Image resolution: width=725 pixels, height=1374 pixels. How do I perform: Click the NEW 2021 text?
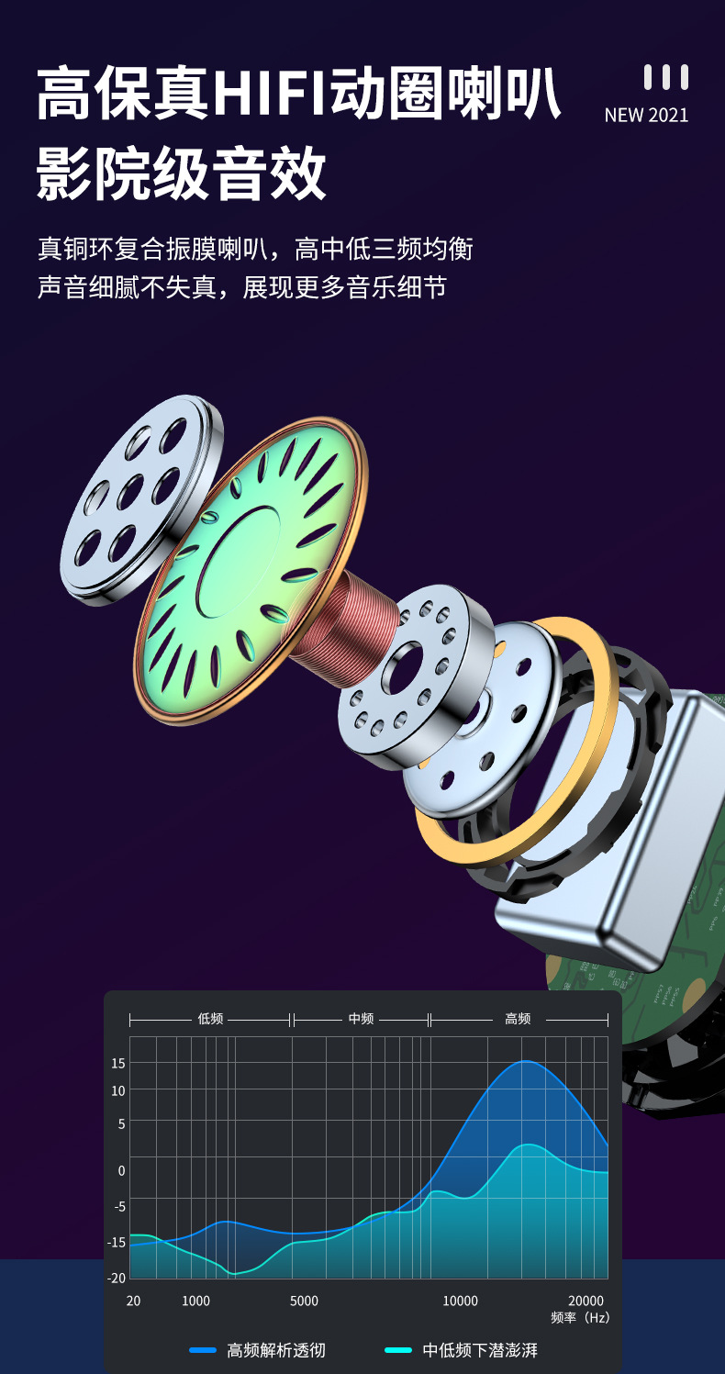pos(646,116)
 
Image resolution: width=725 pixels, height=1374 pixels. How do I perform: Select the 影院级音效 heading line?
pos(181,173)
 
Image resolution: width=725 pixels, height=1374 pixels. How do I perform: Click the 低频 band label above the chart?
pos(210,1019)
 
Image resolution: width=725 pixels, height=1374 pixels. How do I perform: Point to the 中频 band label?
pos(362,1019)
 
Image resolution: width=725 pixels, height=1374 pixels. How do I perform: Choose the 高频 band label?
pos(518,1019)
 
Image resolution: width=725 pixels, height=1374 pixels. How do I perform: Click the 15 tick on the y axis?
pos(117,1063)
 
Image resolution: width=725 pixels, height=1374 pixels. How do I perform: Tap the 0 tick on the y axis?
pos(121,1170)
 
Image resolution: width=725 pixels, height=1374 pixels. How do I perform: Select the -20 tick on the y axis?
pos(117,1279)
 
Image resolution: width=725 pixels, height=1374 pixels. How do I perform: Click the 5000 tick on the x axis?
pos(305,1301)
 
